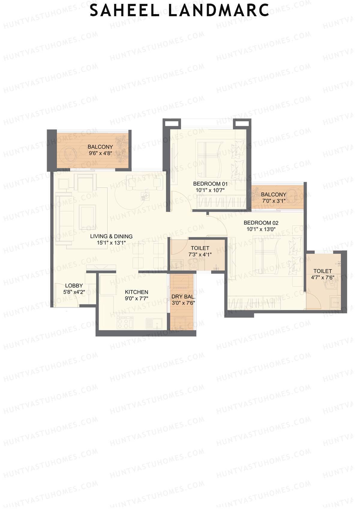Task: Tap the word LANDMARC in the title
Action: coord(218,11)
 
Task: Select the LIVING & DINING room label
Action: coord(111,236)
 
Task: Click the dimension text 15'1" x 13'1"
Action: coord(111,243)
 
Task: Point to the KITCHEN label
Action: coord(136,292)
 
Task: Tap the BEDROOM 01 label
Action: coord(210,184)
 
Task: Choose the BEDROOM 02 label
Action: coord(261,223)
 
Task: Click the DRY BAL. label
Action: coord(183,297)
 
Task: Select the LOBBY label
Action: coord(74,286)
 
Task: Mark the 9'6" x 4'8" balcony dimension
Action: coord(100,153)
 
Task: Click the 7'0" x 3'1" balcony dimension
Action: coord(273,201)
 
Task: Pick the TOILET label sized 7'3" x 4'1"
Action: coord(200,248)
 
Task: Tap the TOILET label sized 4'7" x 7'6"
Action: coord(322,271)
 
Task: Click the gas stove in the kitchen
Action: coord(125,323)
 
